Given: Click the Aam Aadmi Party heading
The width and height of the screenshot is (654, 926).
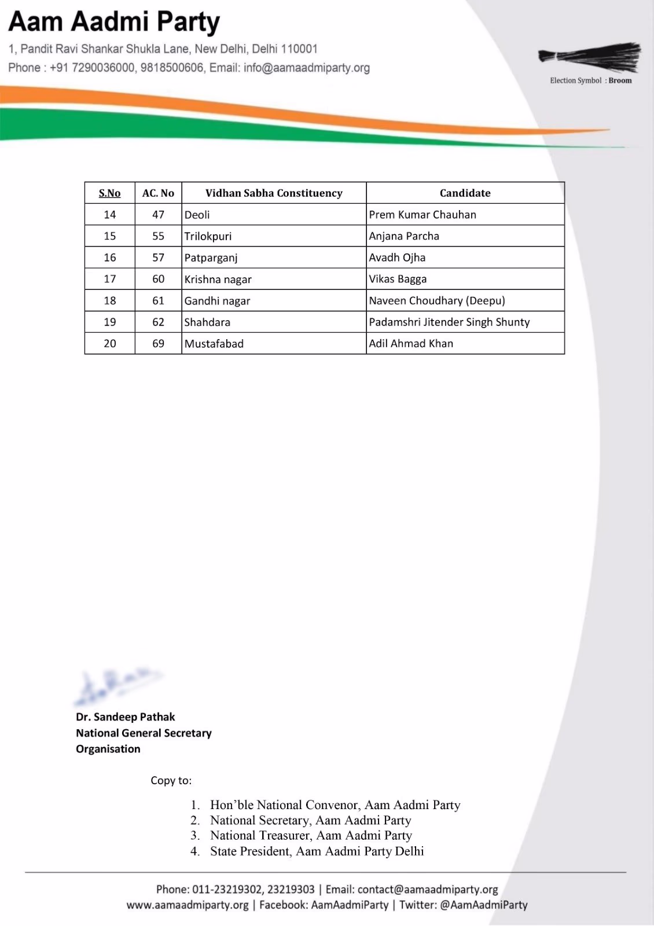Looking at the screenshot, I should [x=114, y=23].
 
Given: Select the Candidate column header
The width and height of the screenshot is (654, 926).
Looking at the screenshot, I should [x=465, y=193].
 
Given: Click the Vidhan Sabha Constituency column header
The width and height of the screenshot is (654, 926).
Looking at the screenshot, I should [x=274, y=193].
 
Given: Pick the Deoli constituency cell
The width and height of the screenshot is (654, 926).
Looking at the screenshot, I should [x=197, y=215].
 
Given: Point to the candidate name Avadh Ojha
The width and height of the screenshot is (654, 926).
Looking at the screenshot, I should [x=397, y=258].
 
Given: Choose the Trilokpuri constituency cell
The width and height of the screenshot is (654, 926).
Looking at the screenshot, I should [x=208, y=236].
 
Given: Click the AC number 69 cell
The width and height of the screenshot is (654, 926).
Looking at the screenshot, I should [x=158, y=344].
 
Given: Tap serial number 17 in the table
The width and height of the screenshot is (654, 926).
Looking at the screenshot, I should [x=110, y=279].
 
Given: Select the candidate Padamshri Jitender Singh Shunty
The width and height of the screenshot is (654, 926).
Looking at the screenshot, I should [x=449, y=322].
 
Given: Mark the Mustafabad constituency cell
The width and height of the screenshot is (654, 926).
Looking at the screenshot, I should [x=214, y=344].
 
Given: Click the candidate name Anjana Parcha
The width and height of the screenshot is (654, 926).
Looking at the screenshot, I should [x=404, y=236].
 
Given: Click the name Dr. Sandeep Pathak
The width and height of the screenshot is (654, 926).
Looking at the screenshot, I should [x=126, y=717].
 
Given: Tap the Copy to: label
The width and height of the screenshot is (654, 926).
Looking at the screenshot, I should [x=171, y=781].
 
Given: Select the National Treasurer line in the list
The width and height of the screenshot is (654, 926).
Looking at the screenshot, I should [x=311, y=836].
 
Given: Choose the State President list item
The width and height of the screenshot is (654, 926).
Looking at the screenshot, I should [x=317, y=851].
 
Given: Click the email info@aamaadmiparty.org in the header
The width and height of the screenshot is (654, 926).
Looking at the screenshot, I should [x=307, y=68].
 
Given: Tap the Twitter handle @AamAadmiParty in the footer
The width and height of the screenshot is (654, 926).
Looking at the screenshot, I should [x=483, y=905].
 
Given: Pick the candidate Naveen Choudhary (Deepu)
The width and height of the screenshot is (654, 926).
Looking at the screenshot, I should [x=437, y=301].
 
